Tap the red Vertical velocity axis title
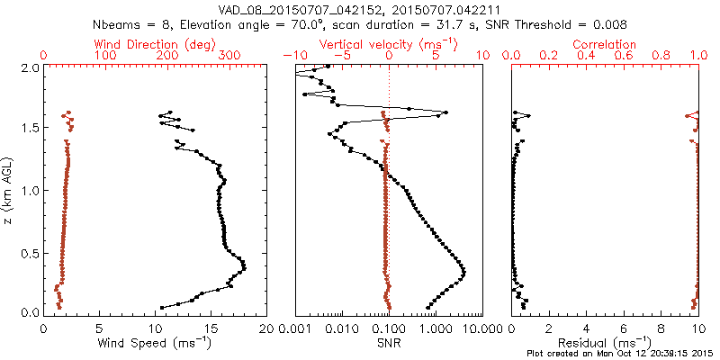click(x=388, y=44)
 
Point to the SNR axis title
click(x=389, y=342)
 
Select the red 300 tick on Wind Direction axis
click(x=229, y=56)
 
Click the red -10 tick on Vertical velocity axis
click(x=294, y=56)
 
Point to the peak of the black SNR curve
click(x=464, y=271)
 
